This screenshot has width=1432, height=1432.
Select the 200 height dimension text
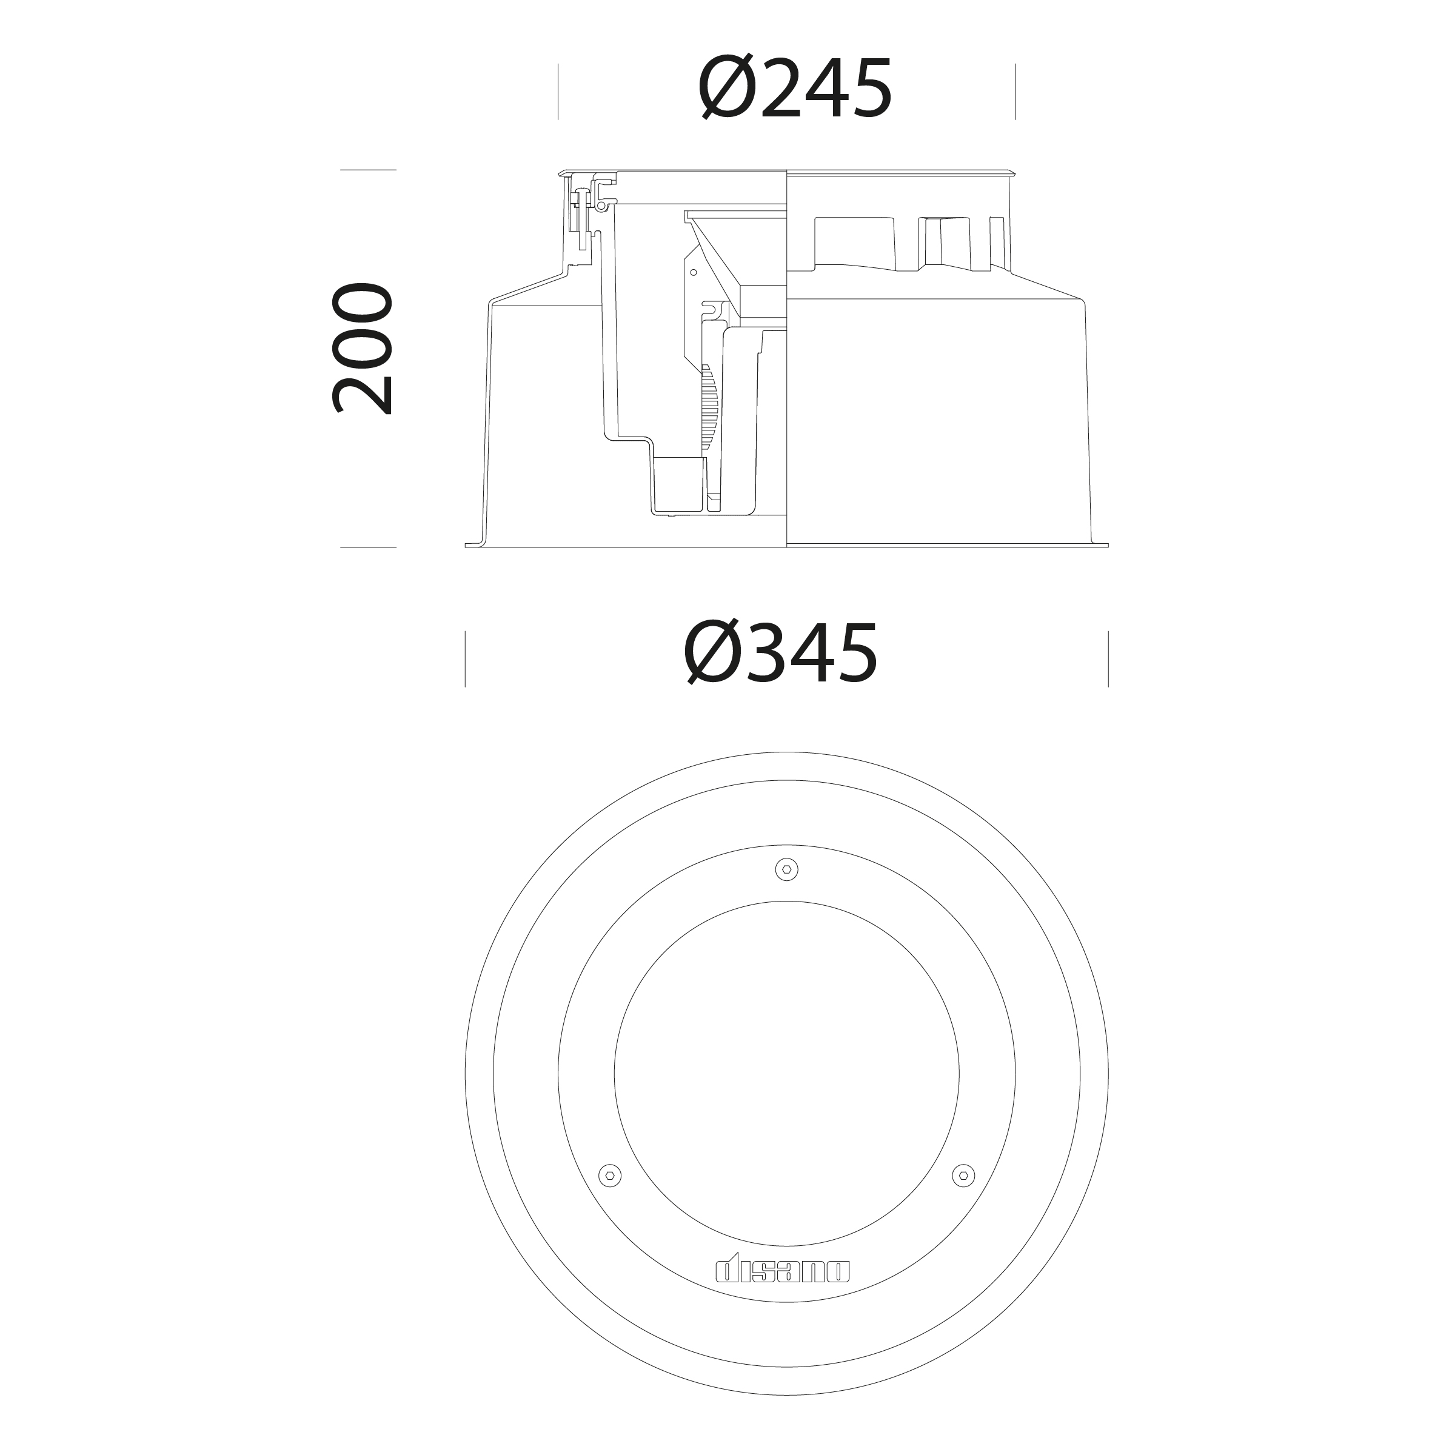[361, 349]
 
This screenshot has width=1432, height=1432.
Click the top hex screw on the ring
[786, 869]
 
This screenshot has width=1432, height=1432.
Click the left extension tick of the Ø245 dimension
[558, 92]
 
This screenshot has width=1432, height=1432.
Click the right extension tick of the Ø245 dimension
[1015, 92]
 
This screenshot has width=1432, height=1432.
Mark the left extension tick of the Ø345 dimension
[466, 659]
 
